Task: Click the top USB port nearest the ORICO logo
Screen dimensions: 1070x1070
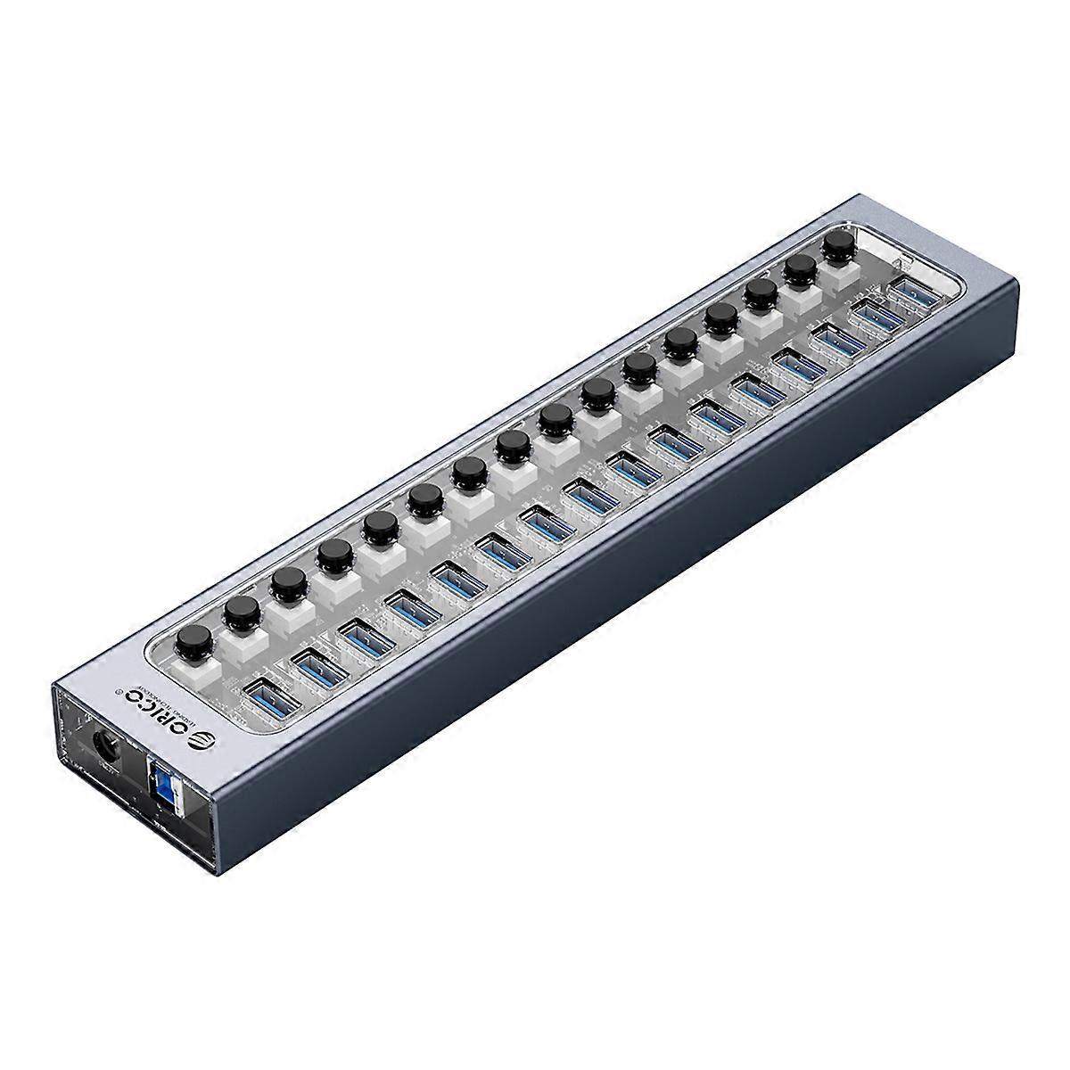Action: (270, 696)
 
